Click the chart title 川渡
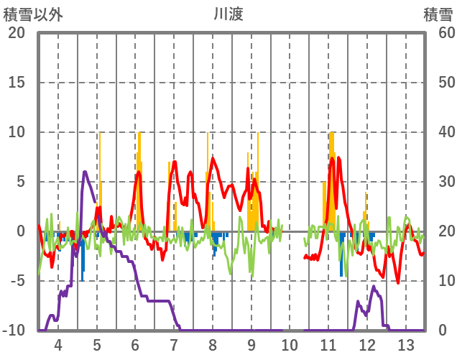point(228,14)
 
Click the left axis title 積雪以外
point(31,14)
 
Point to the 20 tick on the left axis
point(16,33)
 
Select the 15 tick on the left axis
point(16,83)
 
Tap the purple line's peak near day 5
point(85,172)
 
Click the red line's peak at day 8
point(212,158)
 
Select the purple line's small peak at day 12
point(373,287)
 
